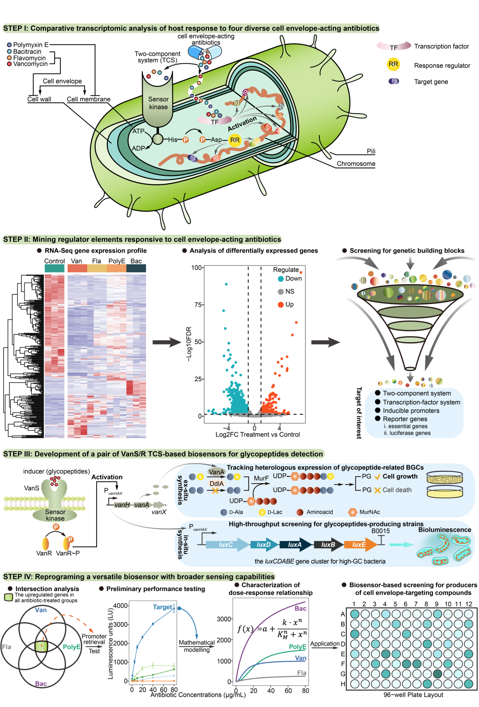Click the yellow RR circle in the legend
click(x=393, y=64)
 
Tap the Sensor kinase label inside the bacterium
click(x=158, y=103)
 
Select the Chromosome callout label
click(x=356, y=164)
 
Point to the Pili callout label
click(x=371, y=151)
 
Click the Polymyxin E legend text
click(x=31, y=45)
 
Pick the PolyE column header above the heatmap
click(x=117, y=261)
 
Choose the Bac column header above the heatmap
click(x=136, y=261)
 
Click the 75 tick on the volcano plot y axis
click(x=198, y=304)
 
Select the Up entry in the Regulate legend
click(x=289, y=304)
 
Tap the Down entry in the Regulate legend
click(x=293, y=279)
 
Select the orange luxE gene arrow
click(x=359, y=544)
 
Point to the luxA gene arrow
click(x=295, y=544)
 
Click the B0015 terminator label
click(x=381, y=531)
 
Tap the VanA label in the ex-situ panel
click(x=216, y=472)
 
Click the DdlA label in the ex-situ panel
click(x=217, y=484)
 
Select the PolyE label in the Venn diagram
click(x=72, y=647)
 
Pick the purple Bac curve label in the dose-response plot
click(x=300, y=608)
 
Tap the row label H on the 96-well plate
click(x=343, y=684)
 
